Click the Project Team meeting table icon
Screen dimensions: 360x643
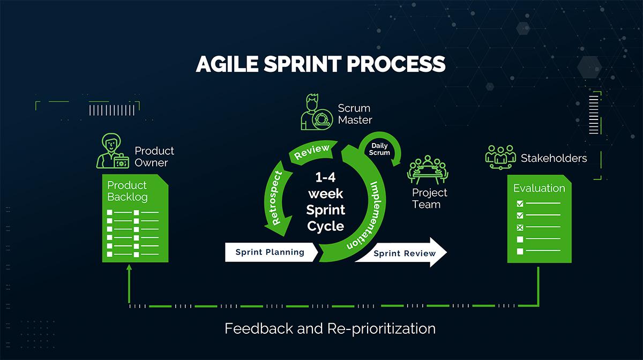pyautogui.click(x=427, y=169)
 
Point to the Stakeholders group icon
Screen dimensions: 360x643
pyautogui.click(x=500, y=157)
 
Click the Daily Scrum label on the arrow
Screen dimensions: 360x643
pyautogui.click(x=379, y=149)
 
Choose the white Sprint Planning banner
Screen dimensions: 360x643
pyautogui.click(x=271, y=252)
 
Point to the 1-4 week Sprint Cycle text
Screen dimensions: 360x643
pyautogui.click(x=325, y=202)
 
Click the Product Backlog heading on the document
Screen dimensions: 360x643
pyautogui.click(x=127, y=191)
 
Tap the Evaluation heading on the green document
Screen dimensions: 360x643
pyautogui.click(x=539, y=188)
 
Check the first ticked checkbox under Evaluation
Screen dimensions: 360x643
pyautogui.click(x=519, y=204)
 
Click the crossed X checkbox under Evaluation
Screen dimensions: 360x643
pyautogui.click(x=519, y=228)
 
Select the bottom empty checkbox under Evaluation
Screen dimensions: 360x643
pyautogui.click(x=519, y=251)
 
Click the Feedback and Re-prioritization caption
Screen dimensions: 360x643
pyautogui.click(x=330, y=328)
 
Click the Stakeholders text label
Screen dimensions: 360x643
pyautogui.click(x=554, y=158)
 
